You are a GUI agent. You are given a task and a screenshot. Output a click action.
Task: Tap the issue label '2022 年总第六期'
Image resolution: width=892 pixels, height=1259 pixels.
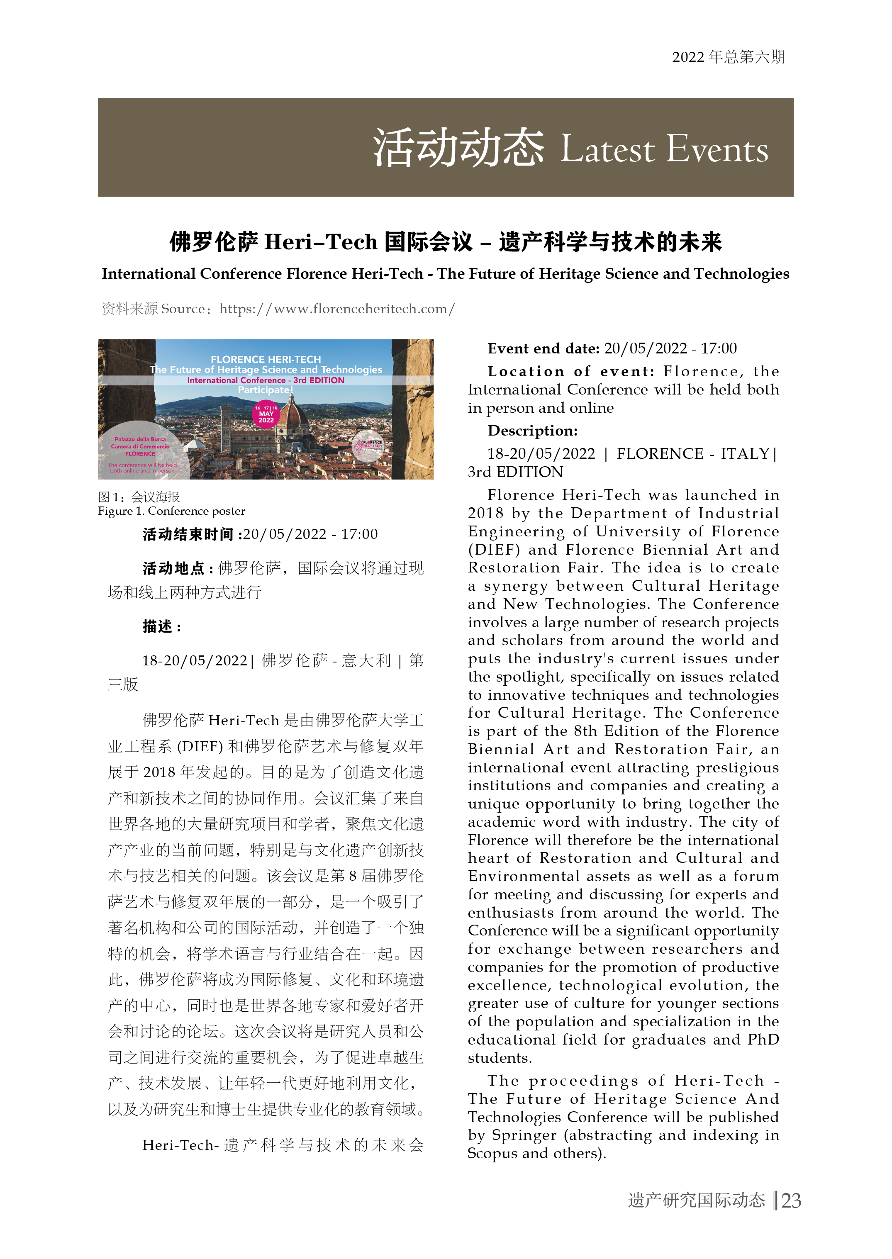[x=728, y=57]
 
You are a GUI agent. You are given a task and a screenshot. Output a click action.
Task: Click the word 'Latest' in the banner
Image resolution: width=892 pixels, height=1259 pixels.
[x=607, y=149]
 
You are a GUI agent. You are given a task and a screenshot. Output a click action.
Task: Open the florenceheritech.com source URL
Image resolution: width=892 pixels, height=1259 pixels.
[x=337, y=309]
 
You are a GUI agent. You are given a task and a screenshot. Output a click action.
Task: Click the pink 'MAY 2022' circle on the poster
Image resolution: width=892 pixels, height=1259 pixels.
[x=266, y=414]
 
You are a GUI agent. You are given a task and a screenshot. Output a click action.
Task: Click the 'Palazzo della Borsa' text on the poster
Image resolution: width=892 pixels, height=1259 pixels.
[x=140, y=439]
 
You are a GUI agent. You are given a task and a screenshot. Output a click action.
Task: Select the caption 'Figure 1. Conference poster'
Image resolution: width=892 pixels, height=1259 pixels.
[x=171, y=511]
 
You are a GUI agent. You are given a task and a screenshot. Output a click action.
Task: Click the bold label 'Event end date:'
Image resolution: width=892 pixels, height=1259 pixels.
[x=543, y=348]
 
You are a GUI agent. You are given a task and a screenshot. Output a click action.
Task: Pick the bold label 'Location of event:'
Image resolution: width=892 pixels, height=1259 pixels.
[x=571, y=372]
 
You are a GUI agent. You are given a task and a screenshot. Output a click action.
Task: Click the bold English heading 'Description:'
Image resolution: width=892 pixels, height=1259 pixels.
[x=532, y=431]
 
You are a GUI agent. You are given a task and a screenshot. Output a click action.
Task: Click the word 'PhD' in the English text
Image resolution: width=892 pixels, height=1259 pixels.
[x=763, y=1040]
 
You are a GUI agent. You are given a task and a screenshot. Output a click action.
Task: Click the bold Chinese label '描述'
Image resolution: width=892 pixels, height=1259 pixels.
[x=158, y=626]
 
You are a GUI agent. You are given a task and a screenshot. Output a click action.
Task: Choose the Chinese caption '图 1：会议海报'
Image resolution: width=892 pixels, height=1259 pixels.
[x=139, y=497]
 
